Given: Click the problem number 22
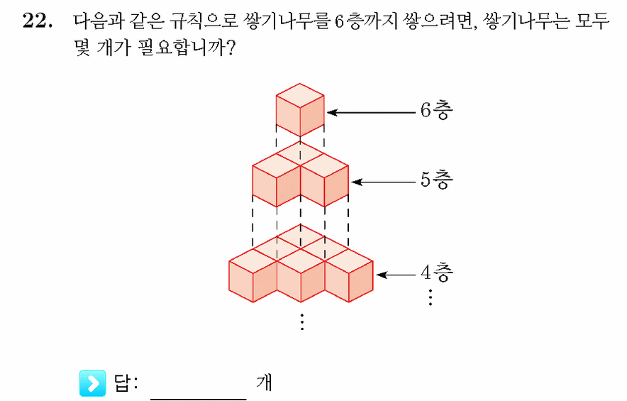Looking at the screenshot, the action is pyautogui.click(x=37, y=21).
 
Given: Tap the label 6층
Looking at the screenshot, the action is pyautogui.click(x=436, y=109).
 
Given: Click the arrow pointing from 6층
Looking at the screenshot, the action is pyautogui.click(x=372, y=112).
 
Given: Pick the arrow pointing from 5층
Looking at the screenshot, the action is pyautogui.click(x=384, y=182).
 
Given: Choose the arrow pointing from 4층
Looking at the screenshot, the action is pyautogui.click(x=396, y=275).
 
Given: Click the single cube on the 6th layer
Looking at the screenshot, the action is pyautogui.click(x=300, y=110).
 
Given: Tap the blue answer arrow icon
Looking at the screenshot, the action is pyautogui.click(x=93, y=383).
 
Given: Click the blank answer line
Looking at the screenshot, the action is pyautogui.click(x=199, y=398).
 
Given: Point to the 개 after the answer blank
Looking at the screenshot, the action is pyautogui.click(x=264, y=383).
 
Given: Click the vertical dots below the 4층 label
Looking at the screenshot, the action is pyautogui.click(x=431, y=297).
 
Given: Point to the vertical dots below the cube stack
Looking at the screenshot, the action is pyautogui.click(x=302, y=322).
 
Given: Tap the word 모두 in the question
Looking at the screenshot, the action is pyautogui.click(x=592, y=21).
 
